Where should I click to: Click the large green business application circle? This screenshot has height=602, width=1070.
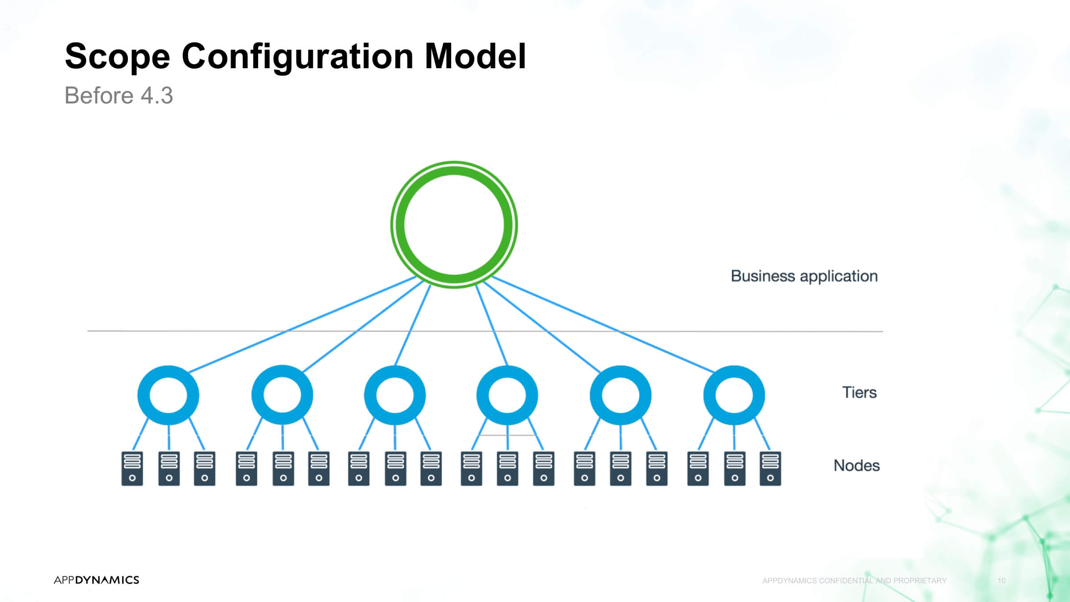click(454, 168)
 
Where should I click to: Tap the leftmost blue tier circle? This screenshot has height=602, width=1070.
click(144, 395)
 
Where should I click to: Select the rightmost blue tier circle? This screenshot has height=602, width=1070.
click(710, 395)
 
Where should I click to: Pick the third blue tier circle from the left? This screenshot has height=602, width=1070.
click(370, 395)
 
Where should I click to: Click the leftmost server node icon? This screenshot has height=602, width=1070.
click(132, 469)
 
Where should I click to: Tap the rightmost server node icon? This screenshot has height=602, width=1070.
click(770, 469)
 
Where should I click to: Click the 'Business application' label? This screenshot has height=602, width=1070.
click(804, 276)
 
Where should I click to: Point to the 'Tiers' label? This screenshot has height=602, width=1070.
click(859, 392)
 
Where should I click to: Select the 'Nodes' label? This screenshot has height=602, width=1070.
click(856, 466)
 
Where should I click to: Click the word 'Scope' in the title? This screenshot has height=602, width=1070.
click(117, 57)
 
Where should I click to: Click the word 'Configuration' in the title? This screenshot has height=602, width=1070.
click(298, 57)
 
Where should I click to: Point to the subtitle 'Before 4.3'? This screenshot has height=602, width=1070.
click(119, 95)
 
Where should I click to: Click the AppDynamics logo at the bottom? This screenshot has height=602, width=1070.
click(96, 580)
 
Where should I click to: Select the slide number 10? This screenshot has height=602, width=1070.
click(1002, 581)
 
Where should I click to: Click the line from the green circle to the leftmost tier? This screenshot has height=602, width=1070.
click(302, 324)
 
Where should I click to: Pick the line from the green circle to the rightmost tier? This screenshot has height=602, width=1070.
click(604, 324)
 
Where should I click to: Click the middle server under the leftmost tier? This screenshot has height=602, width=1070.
click(169, 469)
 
